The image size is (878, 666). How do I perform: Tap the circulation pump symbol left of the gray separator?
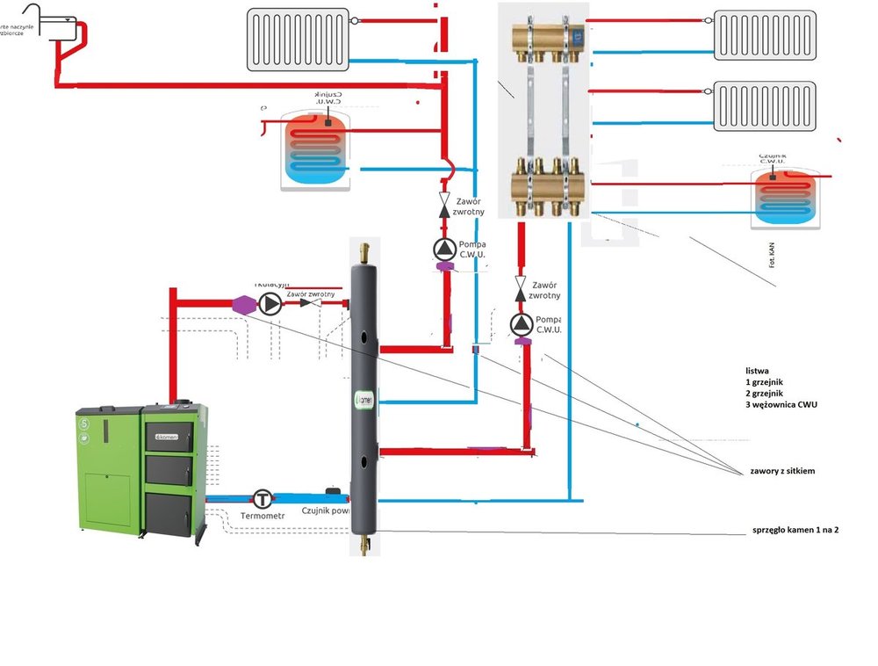[270, 304]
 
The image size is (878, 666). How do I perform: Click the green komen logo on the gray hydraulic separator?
[363, 399]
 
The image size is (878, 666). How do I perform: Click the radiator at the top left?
[298, 39]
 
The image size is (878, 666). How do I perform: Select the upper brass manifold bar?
[549, 38]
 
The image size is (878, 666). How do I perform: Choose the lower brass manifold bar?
[549, 187]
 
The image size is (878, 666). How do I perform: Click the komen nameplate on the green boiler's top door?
[166, 436]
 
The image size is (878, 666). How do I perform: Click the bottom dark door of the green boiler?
[169, 513]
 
